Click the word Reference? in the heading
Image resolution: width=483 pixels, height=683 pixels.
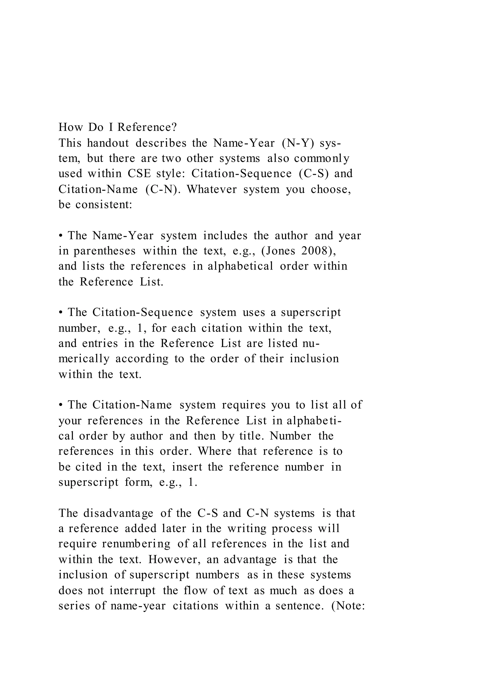click(147, 127)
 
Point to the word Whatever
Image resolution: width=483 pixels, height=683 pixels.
click(212, 189)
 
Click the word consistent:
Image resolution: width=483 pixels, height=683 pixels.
click(104, 205)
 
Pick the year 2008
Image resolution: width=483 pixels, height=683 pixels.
click(319, 251)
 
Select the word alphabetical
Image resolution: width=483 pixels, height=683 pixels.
click(240, 266)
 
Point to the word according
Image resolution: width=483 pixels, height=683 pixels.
click(142, 358)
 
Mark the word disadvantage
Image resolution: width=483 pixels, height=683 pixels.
click(118, 513)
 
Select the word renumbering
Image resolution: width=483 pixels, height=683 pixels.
click(137, 544)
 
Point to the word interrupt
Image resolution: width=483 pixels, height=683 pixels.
click(133, 590)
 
